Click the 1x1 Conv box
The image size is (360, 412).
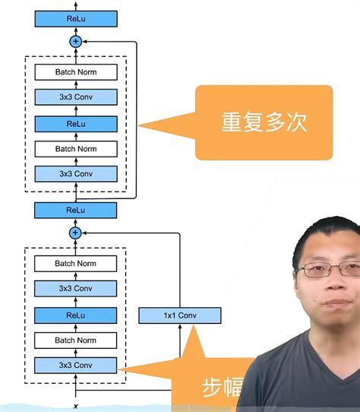(x=180, y=315)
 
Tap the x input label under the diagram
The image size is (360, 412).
(x=76, y=407)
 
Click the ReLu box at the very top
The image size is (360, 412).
(x=75, y=18)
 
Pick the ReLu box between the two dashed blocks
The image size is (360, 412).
(x=75, y=210)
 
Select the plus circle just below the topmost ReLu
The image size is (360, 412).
(x=75, y=42)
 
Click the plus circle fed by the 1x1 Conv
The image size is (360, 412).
(x=75, y=233)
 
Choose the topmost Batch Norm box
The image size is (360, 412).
(x=75, y=72)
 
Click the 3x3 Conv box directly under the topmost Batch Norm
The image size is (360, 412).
(x=75, y=97)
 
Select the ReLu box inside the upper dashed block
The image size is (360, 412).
(x=75, y=123)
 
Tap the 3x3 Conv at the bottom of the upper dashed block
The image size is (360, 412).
(x=75, y=174)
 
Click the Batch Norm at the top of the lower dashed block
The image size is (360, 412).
(x=75, y=264)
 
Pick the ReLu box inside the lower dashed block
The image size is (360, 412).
(x=75, y=315)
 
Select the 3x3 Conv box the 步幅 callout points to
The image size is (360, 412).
(x=75, y=366)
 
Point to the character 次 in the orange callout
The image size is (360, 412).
(x=297, y=123)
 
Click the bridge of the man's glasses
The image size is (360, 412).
(x=327, y=268)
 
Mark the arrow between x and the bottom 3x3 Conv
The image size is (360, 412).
(x=76, y=387)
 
